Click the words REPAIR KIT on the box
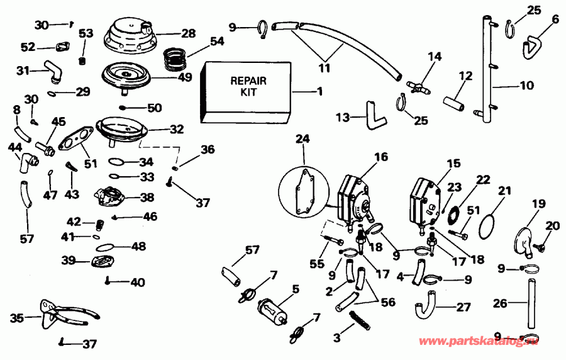click(x=245, y=86)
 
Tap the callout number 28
click(x=188, y=33)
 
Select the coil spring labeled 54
click(x=177, y=59)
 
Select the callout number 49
click(x=185, y=78)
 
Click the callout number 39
click(x=68, y=260)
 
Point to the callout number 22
click(x=482, y=179)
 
